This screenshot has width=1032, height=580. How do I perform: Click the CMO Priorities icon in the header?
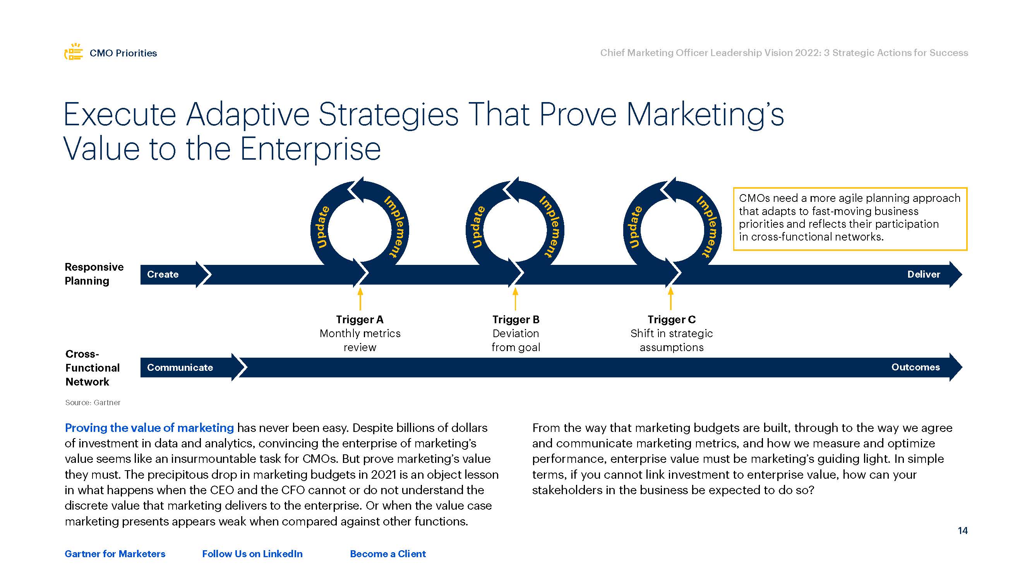point(74,52)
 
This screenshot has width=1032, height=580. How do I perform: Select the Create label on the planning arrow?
point(163,275)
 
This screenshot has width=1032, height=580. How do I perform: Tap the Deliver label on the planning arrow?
point(924,275)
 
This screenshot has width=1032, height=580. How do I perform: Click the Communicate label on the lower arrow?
point(180,368)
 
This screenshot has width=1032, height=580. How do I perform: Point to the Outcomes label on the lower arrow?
point(915,367)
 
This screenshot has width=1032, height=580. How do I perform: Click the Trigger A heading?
point(360,319)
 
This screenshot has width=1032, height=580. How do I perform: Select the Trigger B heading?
point(516,319)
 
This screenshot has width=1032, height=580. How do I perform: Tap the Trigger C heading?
point(672,319)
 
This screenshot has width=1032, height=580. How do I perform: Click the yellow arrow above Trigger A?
point(360,299)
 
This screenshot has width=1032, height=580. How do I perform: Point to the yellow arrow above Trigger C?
point(670,299)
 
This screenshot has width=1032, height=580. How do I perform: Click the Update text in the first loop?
point(321,227)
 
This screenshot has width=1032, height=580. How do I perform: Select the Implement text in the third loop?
point(708,226)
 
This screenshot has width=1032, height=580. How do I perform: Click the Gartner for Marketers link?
point(115,554)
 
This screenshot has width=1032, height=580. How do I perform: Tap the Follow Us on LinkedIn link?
point(252,554)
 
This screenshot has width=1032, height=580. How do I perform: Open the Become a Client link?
point(388,554)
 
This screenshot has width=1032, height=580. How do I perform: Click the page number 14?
point(963,531)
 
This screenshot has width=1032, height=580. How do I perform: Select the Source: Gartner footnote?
point(93,403)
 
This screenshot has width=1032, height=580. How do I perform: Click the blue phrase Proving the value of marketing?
point(149,428)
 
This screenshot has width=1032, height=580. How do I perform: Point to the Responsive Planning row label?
point(94,274)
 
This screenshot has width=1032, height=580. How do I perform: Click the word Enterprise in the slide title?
point(310,149)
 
